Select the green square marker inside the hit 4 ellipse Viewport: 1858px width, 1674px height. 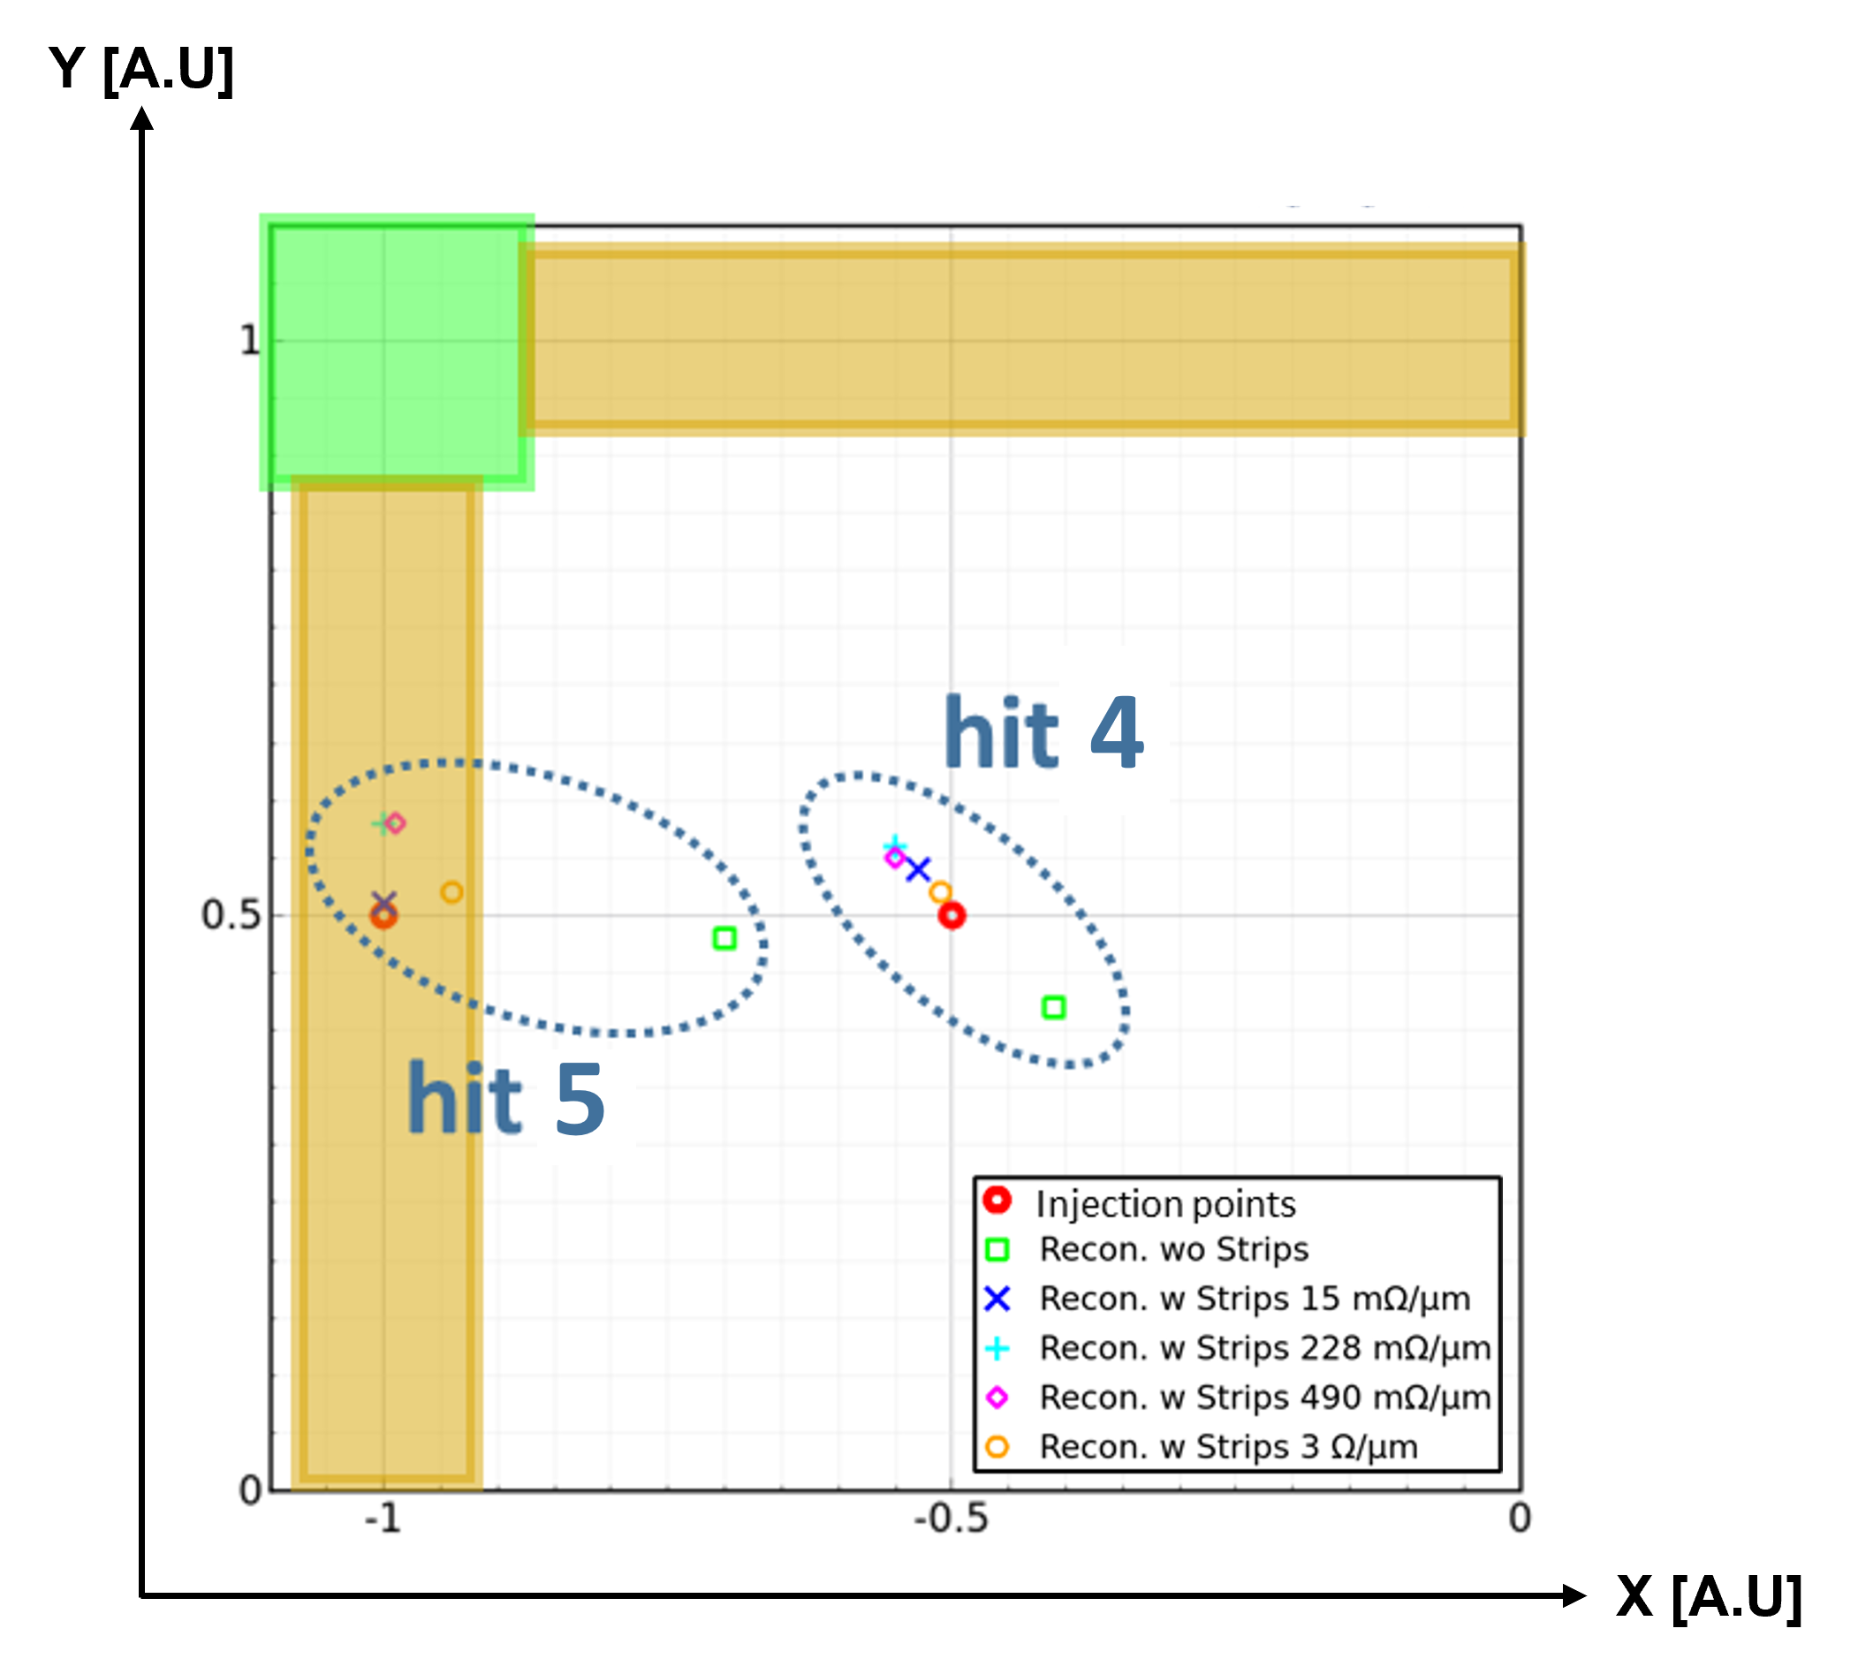pos(1053,1007)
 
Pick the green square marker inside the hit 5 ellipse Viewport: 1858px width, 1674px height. pos(724,938)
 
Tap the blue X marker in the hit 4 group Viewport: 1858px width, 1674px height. pos(917,868)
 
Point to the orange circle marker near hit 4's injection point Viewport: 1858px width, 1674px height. pos(939,891)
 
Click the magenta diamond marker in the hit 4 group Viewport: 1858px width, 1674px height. pos(894,857)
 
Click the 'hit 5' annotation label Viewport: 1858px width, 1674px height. pos(505,1098)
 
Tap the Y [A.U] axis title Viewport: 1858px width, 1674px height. pos(141,69)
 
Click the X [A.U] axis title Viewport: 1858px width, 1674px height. pos(1708,1597)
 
